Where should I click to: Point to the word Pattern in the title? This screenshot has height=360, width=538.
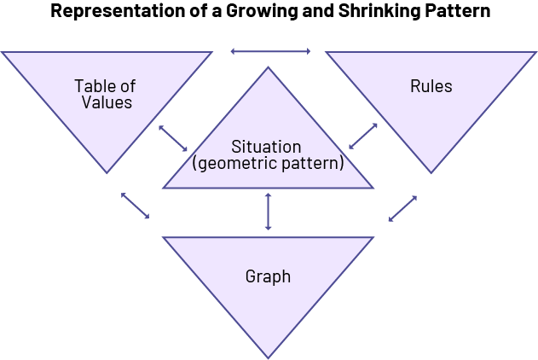point(455,12)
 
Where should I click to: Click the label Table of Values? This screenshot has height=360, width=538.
point(105,94)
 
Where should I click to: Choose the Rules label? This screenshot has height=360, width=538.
point(431,86)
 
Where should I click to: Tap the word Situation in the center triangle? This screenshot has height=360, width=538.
point(267,147)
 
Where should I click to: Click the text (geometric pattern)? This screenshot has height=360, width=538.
point(267,162)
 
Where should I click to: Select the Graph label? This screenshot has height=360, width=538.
point(268,276)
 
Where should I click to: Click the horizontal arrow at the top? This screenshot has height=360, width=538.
point(270,51)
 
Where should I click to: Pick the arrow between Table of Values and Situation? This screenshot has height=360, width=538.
point(173,139)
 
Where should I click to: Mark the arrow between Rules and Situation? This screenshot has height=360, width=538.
point(363,136)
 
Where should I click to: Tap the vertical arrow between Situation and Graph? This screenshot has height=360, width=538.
point(269,211)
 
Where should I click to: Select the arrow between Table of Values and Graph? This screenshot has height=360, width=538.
point(135,205)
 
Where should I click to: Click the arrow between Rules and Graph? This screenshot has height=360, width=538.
point(402,208)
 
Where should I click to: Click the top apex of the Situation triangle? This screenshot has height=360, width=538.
point(269,67)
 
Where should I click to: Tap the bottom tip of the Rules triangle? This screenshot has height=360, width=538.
point(431,173)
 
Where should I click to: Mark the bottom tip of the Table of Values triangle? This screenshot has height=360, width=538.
point(107,173)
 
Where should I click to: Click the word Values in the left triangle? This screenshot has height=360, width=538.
point(107,102)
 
